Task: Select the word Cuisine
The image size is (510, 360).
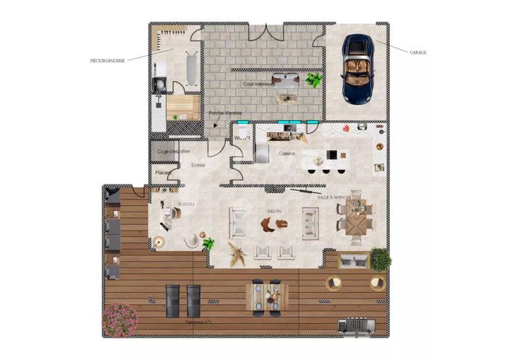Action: [x=286, y=153]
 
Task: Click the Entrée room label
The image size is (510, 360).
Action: [x=198, y=166]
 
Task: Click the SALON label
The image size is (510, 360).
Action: [x=274, y=211]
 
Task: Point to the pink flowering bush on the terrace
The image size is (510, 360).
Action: [x=119, y=318]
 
